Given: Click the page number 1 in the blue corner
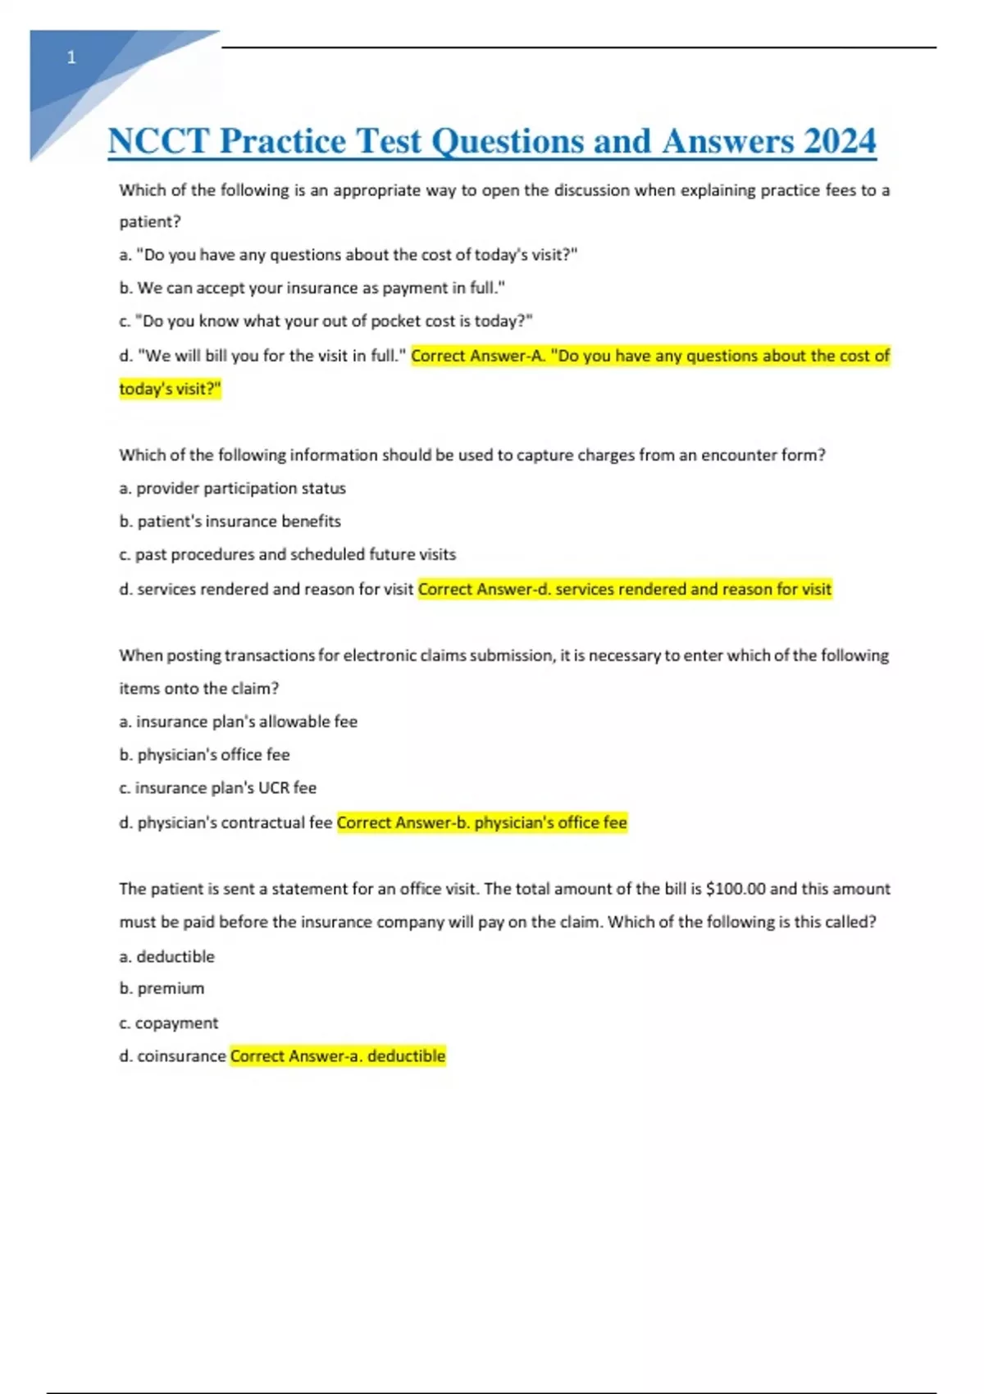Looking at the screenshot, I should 71,58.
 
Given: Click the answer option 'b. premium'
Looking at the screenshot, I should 162,989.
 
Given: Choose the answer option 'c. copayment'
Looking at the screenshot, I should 168,1023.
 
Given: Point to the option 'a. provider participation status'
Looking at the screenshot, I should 232,489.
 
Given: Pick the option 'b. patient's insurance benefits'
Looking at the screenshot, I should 230,522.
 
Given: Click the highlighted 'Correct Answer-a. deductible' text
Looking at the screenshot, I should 338,1056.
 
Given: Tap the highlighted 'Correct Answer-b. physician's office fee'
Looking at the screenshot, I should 481,822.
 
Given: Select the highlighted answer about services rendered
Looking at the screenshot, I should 625,590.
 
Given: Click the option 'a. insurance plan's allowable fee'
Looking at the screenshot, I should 238,722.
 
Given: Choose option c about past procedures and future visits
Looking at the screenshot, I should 287,555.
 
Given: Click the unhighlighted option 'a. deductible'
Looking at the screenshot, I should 166,957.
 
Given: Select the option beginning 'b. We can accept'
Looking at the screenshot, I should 312,289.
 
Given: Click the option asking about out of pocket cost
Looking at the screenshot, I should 326,321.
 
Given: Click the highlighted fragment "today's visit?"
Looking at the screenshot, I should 170,389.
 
